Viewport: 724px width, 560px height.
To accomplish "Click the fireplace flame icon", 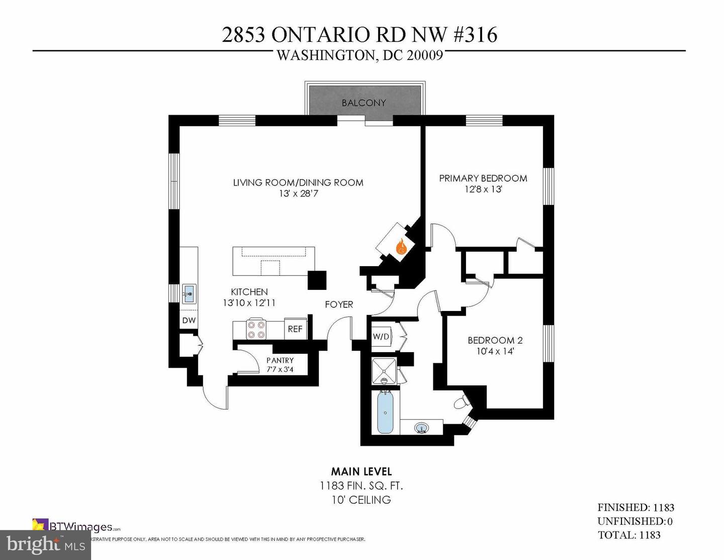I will pos(401,247).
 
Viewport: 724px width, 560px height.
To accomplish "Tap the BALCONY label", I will pos(364,103).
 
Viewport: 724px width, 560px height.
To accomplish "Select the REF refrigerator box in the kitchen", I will pos(295,329).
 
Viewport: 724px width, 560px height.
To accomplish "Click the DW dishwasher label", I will pos(189,321).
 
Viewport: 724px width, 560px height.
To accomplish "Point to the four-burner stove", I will pos(256,330).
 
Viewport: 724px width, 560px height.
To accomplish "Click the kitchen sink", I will pos(189,293).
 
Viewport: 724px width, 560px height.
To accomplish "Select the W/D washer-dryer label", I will pos(381,337).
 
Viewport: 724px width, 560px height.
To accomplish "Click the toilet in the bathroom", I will pos(461,403).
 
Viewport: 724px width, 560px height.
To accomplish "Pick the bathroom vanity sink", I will pos(421,428).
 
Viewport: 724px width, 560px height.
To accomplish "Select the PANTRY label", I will pos(280,360).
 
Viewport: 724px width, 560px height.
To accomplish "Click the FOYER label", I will pos(339,304).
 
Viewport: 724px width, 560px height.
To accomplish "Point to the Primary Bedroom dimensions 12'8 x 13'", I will pos(483,190).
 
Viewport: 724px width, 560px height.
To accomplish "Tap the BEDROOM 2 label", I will pos(495,340).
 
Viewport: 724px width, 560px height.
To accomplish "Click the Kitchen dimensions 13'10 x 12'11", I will pos(249,303).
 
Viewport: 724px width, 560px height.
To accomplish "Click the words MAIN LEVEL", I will pos(361,471).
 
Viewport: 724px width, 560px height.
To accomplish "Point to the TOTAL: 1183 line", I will pos(628,535).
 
